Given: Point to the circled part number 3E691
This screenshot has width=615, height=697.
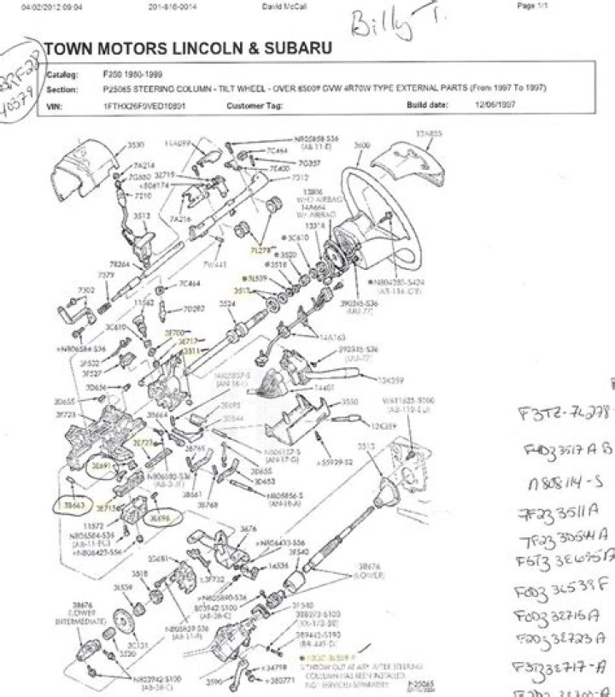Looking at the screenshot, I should point(102,467).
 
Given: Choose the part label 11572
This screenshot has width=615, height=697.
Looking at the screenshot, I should point(95,525).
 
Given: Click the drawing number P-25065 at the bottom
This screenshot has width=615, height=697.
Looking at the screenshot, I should point(421,683).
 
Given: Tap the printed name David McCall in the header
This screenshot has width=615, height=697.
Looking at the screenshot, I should point(281,5).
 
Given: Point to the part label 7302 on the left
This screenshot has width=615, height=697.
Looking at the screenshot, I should point(86,290).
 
